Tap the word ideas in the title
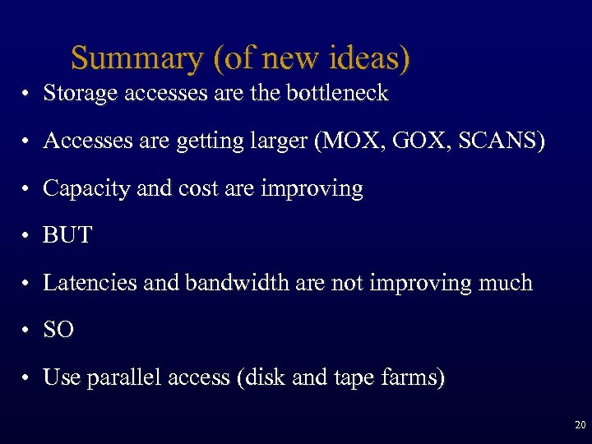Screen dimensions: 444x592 368,58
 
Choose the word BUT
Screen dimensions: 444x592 67,236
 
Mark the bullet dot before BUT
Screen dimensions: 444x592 27,237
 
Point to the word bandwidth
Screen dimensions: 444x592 233,283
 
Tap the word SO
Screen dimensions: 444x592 58,331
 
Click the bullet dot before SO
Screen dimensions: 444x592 27,331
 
